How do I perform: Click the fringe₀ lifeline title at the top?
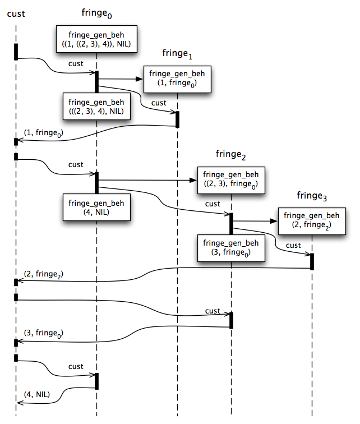(96, 13)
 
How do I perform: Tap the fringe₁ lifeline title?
(177, 54)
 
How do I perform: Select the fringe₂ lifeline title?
(230, 155)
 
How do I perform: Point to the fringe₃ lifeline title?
(312, 196)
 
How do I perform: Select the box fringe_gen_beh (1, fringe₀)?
(177, 79)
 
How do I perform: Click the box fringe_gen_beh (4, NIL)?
(96, 207)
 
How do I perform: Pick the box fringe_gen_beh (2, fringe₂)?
(312, 221)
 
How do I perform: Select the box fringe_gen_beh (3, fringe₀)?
(231, 248)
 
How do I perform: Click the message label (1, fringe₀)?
(44, 133)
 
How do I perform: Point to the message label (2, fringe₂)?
(44, 274)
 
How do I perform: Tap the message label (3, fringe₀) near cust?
(44, 333)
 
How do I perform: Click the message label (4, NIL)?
(37, 394)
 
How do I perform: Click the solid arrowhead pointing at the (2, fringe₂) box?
(274, 221)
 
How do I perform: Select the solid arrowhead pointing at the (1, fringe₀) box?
(139, 79)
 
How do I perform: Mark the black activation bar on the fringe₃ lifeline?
(312, 261)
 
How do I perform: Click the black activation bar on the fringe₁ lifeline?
(177, 119)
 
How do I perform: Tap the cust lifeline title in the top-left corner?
(16, 14)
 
